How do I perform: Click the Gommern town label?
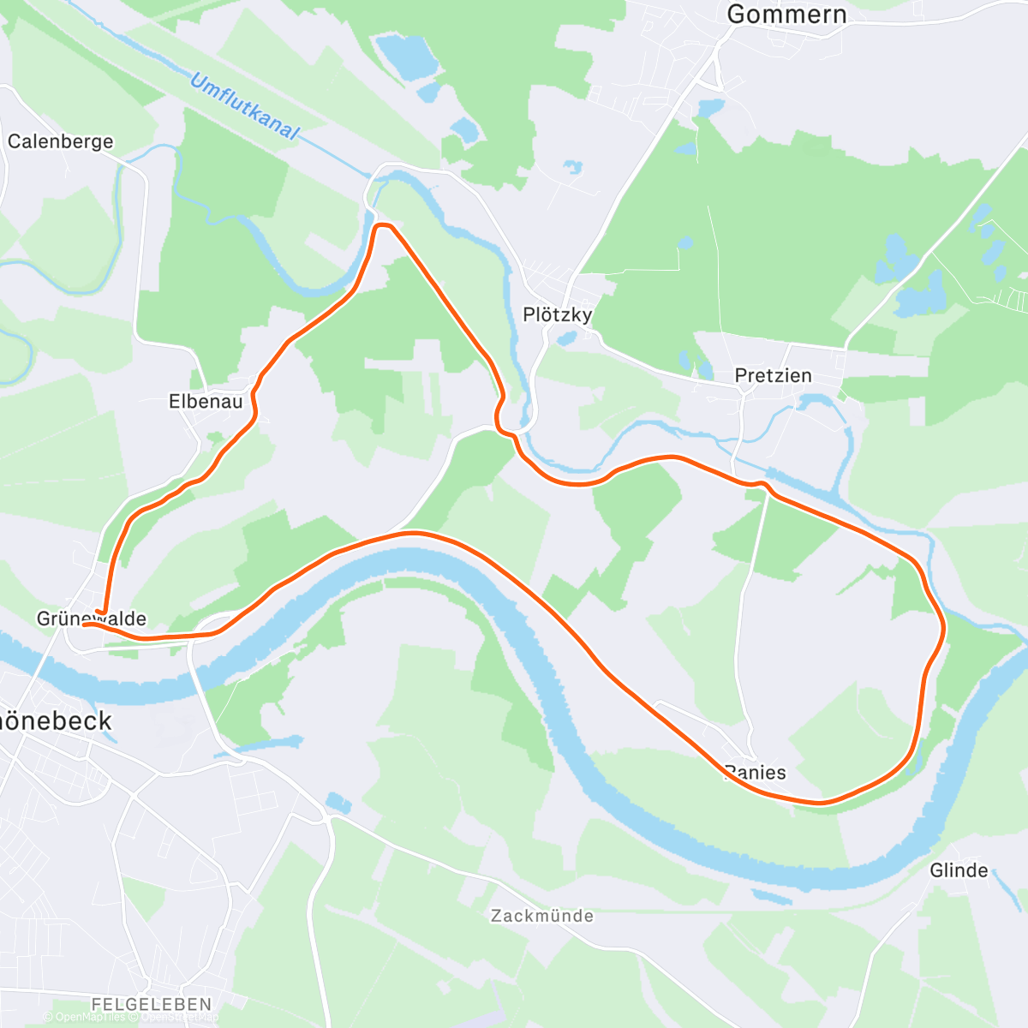pyautogui.click(x=786, y=14)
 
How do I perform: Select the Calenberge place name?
pyautogui.click(x=60, y=141)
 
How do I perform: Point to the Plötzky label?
pyautogui.click(x=558, y=314)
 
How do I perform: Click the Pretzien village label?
pyautogui.click(x=773, y=375)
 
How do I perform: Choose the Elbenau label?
pyautogui.click(x=206, y=401)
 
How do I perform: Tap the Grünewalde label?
pyautogui.click(x=92, y=619)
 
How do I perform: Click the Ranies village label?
pyautogui.click(x=756, y=773)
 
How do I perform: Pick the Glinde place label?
pyautogui.click(x=959, y=870)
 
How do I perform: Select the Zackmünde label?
pyautogui.click(x=542, y=916)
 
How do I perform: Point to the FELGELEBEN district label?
pyautogui.click(x=152, y=1003)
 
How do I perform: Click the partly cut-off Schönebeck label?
pyautogui.click(x=56, y=720)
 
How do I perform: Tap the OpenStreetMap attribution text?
pyautogui.click(x=180, y=1018)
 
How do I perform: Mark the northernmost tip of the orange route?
pyautogui.click(x=383, y=225)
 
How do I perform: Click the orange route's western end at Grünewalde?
pyautogui.click(x=86, y=625)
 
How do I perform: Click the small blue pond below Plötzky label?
pyautogui.click(x=565, y=339)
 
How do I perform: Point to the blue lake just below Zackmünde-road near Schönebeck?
pyautogui.click(x=339, y=803)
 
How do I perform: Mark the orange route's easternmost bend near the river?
pyautogui.click(x=943, y=628)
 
